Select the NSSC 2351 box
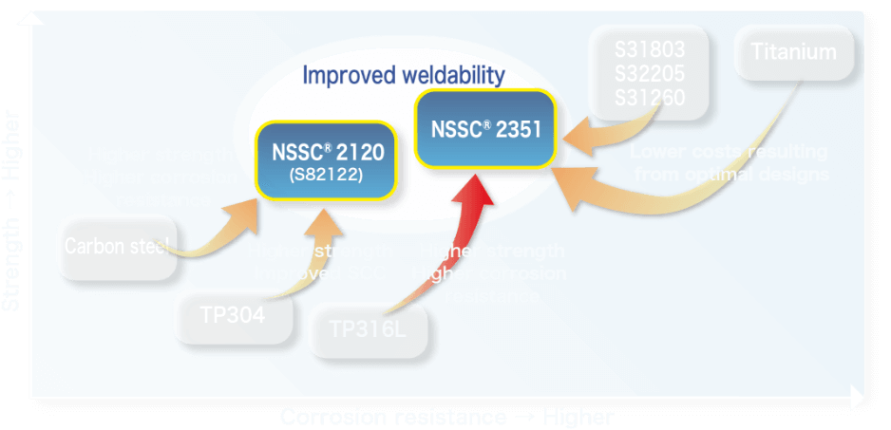click(x=485, y=129)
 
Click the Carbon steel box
click(x=116, y=247)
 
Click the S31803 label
click(x=650, y=49)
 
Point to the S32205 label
click(x=650, y=73)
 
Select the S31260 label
click(x=650, y=97)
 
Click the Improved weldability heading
click(x=404, y=75)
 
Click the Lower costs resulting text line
click(x=729, y=152)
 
